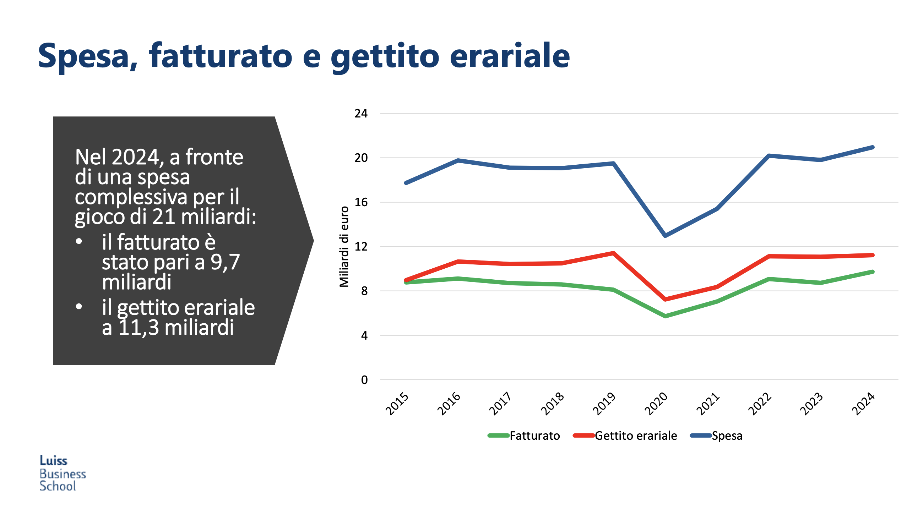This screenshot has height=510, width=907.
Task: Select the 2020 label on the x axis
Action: coord(656,404)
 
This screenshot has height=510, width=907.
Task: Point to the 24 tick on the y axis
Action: coord(361,114)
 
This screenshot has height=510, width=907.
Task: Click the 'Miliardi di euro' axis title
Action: coord(344,246)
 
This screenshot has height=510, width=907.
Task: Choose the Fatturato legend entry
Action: coord(524,435)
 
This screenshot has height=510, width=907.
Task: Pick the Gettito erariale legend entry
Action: coord(625,435)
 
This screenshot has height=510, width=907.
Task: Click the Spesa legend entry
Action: coord(716,435)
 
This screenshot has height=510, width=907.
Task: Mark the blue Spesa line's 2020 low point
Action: coord(665,235)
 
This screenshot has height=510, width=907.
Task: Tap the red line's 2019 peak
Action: coord(613,253)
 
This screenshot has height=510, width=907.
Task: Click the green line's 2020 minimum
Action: coord(665,316)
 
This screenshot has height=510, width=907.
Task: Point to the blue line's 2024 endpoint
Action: coord(873,147)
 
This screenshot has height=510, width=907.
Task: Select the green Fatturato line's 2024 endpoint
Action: coord(873,272)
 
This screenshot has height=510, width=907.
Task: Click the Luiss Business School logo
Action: coord(62,473)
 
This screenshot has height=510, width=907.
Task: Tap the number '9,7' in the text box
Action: coord(225,262)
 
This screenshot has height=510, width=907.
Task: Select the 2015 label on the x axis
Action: coord(397,404)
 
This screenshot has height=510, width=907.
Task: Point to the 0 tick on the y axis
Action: coord(364,380)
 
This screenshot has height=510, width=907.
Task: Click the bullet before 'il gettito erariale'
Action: coord(79,307)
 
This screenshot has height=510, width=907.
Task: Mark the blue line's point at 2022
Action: coord(769,156)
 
